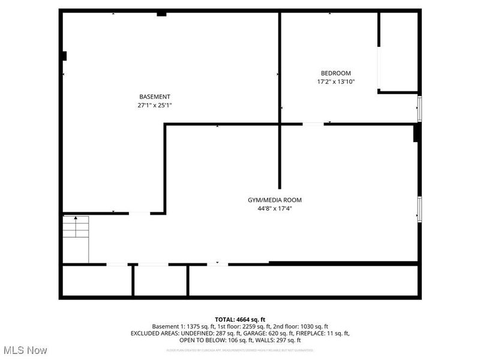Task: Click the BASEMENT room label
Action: [x=155, y=97]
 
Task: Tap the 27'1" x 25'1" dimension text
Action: [x=155, y=105]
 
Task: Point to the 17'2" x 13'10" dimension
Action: [x=336, y=82]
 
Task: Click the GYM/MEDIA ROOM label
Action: [x=275, y=200]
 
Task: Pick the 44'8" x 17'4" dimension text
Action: [x=275, y=208]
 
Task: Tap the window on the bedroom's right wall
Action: [x=419, y=109]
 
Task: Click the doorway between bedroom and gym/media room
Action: [x=313, y=124]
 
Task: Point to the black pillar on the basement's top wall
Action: [x=161, y=14]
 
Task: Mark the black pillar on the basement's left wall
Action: [x=64, y=56]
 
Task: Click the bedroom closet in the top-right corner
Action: [x=398, y=52]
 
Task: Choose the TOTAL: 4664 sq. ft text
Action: [x=240, y=319]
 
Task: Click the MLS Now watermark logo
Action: [x=25, y=350]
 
